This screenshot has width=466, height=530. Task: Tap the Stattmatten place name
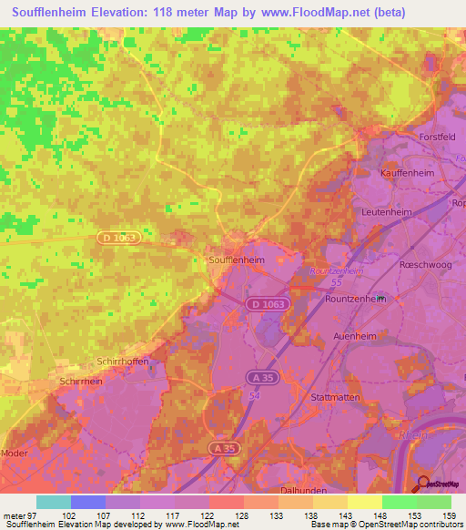click(x=337, y=397)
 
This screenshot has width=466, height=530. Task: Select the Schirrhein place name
click(x=80, y=382)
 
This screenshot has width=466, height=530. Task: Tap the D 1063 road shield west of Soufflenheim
click(x=117, y=238)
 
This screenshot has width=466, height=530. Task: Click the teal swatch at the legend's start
click(x=54, y=502)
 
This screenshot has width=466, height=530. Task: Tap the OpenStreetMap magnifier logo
click(x=423, y=483)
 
